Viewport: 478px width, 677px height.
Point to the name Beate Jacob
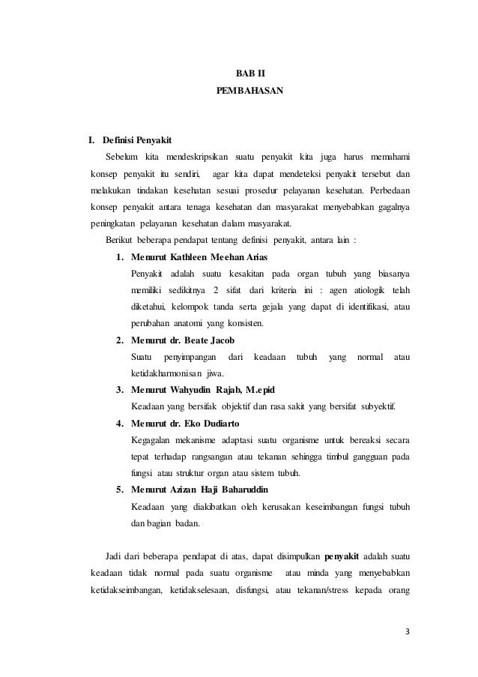[200, 340]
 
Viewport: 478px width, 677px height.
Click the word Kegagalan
[154, 439]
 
